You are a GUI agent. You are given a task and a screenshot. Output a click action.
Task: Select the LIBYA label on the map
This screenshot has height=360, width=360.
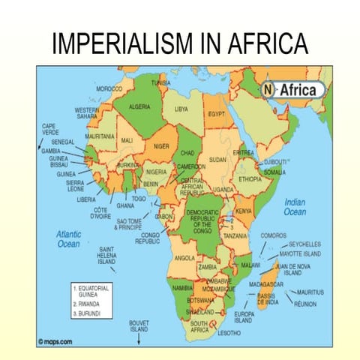tap(181, 109)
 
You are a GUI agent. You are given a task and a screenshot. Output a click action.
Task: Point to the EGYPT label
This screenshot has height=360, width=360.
tap(217, 114)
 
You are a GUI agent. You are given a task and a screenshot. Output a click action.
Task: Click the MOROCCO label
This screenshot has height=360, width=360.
tap(110, 88)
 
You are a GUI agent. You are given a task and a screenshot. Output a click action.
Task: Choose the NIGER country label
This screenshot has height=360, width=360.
tap(161, 147)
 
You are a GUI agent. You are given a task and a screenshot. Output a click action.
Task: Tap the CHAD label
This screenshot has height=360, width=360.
tap(187, 152)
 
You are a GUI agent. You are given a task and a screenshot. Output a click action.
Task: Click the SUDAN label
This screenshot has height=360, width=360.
tap(217, 160)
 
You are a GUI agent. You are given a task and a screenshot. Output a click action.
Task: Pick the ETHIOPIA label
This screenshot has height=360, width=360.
tap(250, 180)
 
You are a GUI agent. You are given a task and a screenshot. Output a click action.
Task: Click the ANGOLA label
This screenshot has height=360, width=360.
tap(184, 257)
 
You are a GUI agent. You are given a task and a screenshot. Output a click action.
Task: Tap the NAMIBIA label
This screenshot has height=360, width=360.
tap(183, 287)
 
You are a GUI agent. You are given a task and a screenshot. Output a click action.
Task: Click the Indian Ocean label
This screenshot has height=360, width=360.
tap(295, 207)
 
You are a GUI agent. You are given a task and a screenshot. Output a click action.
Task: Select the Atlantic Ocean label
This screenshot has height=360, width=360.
tap(69, 239)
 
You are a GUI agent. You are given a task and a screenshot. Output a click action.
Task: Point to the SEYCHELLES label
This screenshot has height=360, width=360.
tap(305, 244)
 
